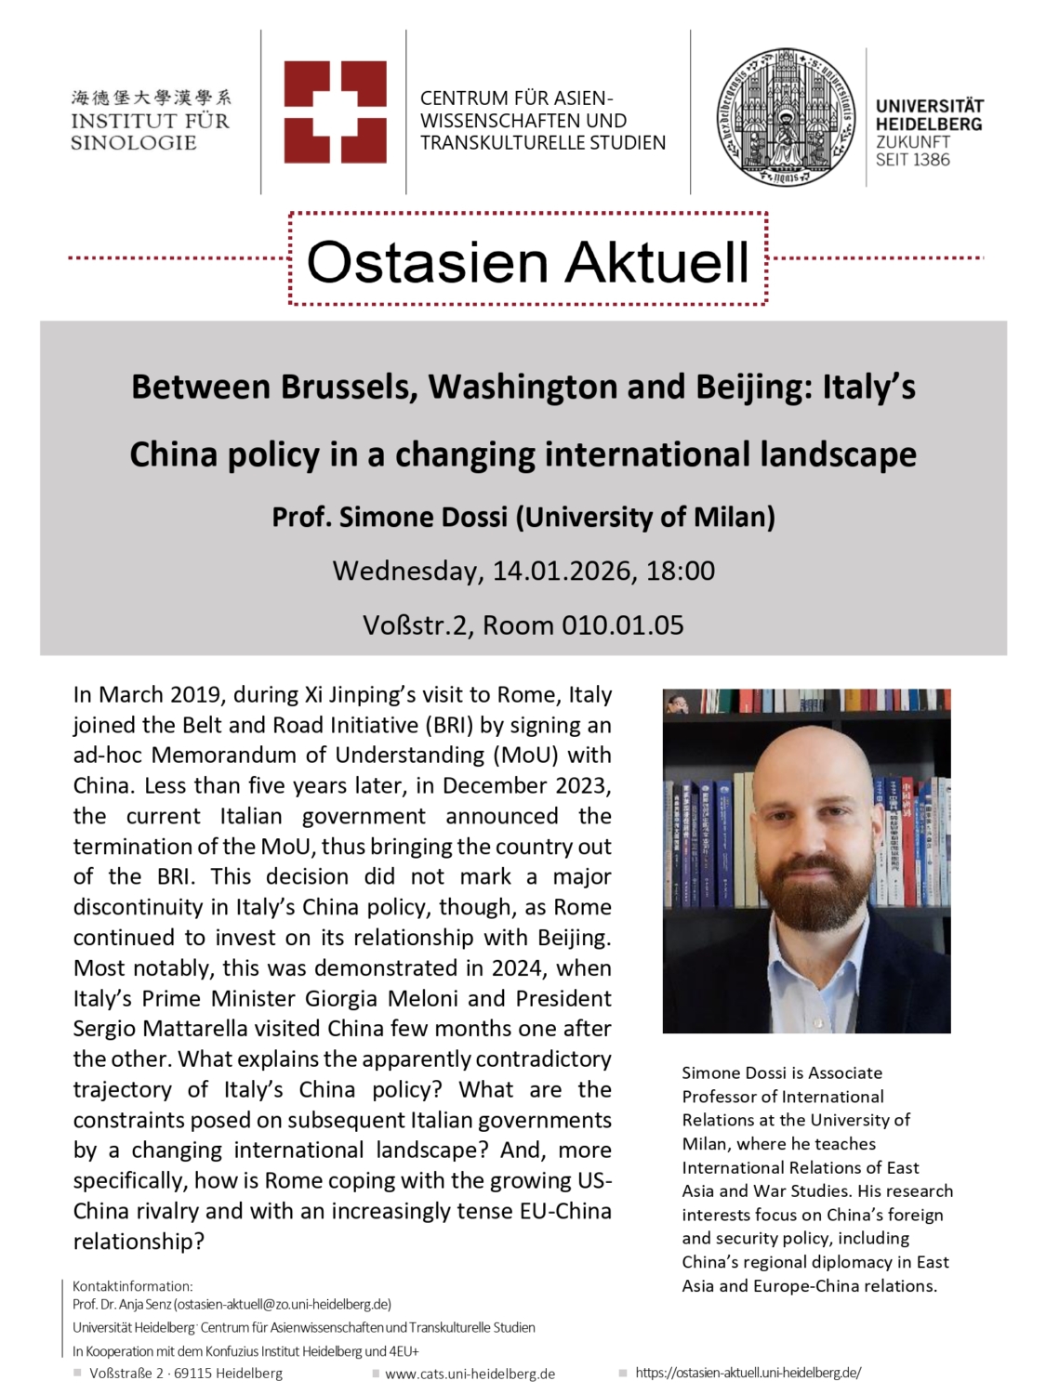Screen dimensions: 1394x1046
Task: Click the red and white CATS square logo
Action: [x=335, y=112]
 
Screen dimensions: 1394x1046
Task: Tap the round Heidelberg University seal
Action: [x=788, y=117]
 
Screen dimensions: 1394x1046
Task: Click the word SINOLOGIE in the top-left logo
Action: [x=133, y=143]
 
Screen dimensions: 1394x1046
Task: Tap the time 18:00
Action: [x=681, y=571]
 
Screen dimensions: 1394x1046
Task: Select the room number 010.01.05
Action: [x=622, y=625]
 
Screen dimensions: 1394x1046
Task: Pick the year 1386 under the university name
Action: [x=931, y=160]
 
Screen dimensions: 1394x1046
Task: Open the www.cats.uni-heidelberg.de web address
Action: [x=470, y=1374]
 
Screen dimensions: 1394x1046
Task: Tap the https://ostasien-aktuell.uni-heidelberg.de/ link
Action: [x=748, y=1373]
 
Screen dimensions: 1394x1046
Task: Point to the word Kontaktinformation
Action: [x=132, y=1286]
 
